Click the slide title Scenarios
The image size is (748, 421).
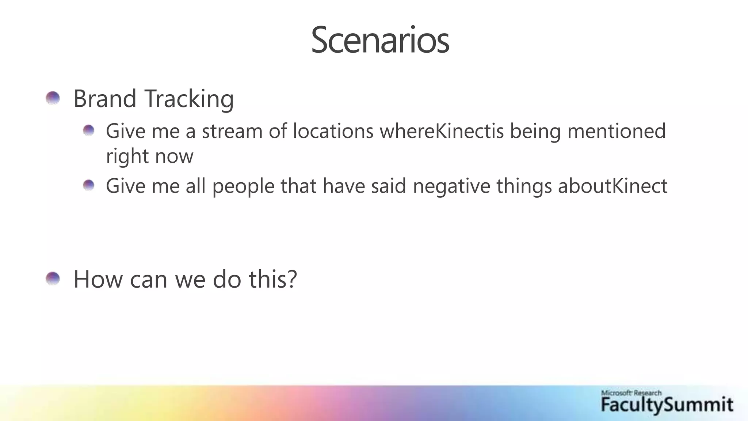coord(380,40)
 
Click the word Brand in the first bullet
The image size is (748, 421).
coord(105,99)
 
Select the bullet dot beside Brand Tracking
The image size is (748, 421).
coord(53,98)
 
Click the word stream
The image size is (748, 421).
coord(232,131)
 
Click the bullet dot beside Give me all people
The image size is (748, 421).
coord(89,185)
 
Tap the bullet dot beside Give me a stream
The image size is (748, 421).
coord(89,130)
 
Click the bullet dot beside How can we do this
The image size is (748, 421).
coord(53,279)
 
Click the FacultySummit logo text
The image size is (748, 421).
coord(667,405)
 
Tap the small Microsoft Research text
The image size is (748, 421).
coord(631,393)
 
